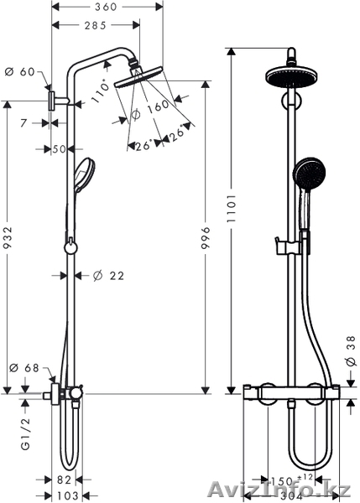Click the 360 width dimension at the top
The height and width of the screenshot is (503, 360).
tap(106, 7)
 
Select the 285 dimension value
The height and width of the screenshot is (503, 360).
tap(96, 25)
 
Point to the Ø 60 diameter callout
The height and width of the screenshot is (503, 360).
tap(20, 72)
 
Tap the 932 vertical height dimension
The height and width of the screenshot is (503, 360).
tap(7, 238)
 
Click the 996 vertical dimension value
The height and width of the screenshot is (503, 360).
tap(206, 238)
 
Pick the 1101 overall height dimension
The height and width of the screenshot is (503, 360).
tap(232, 208)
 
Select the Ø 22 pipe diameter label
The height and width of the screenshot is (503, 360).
tap(108, 276)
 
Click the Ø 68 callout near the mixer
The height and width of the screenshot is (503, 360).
tap(24, 368)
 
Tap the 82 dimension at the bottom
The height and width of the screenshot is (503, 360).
tap(64, 480)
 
